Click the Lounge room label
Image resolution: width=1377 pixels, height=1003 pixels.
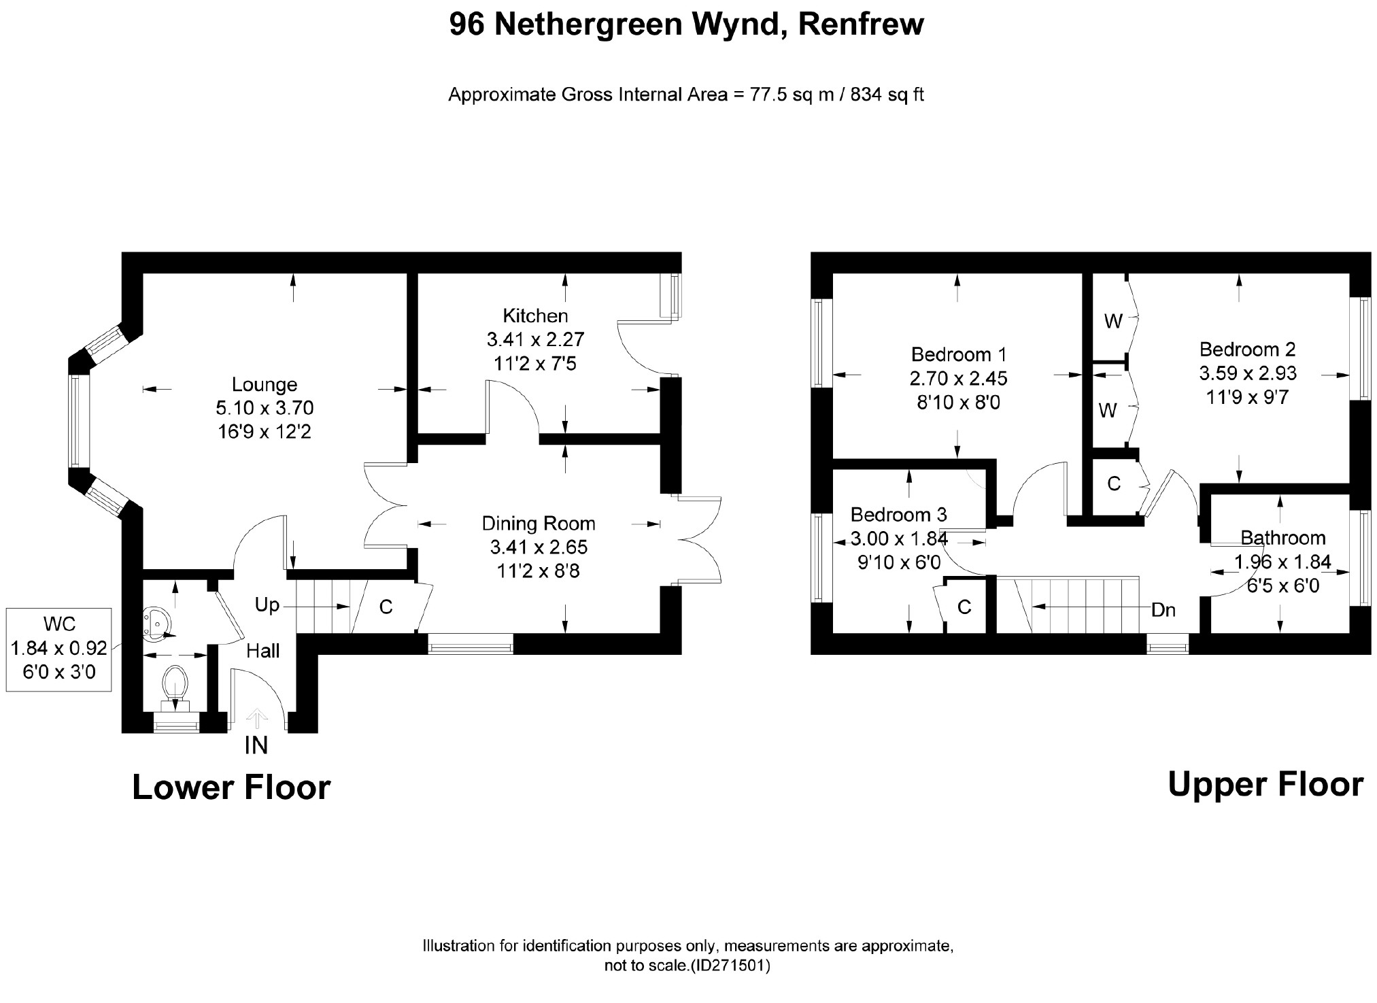click(x=265, y=385)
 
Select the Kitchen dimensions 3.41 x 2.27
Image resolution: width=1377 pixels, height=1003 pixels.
click(x=535, y=339)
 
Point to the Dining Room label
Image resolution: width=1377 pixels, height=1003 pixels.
click(x=538, y=524)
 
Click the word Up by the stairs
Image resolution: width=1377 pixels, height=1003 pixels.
click(x=267, y=605)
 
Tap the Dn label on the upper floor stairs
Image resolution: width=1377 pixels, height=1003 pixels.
click(x=1163, y=610)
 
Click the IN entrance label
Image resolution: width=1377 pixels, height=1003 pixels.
click(x=256, y=746)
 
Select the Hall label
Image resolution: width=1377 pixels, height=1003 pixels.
click(x=263, y=651)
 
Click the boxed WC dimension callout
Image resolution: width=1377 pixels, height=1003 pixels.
click(x=59, y=649)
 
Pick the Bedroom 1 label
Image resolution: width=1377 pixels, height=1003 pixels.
click(x=958, y=354)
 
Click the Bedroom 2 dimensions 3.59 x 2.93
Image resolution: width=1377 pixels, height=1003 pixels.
click(x=1248, y=373)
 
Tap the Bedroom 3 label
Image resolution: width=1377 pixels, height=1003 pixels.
click(x=898, y=515)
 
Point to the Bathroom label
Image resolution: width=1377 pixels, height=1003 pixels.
click(x=1282, y=538)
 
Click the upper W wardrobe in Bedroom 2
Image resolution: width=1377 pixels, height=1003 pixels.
click(x=1112, y=322)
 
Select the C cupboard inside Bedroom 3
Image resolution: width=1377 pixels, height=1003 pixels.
click(x=964, y=607)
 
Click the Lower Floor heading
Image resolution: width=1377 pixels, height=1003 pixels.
click(x=231, y=787)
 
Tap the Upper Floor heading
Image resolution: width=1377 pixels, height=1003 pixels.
click(x=1265, y=785)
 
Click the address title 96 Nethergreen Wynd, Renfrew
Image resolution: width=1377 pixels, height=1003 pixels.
click(x=687, y=25)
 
